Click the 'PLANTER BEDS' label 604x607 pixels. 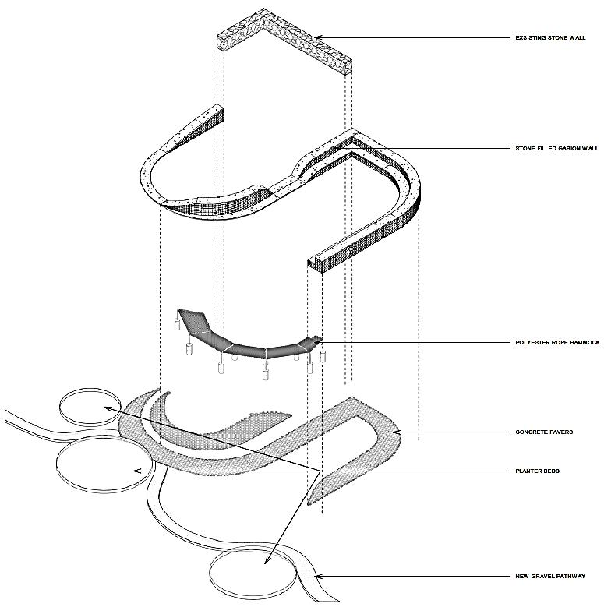[x=538, y=471]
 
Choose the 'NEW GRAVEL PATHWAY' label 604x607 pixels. [x=550, y=577]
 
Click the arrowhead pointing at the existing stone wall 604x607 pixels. [x=319, y=37]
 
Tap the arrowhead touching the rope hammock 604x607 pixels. [x=320, y=342]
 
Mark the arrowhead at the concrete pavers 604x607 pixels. [x=396, y=432]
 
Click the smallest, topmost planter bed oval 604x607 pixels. [x=88, y=407]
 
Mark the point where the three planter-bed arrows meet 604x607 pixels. [x=322, y=471]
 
